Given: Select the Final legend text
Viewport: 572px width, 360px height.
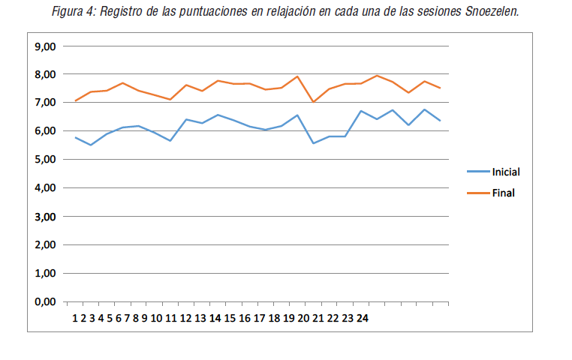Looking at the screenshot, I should [x=502, y=192].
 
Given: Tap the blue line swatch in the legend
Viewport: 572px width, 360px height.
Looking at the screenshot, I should [x=477, y=172].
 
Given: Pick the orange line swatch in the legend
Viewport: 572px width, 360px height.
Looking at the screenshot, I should [x=477, y=192].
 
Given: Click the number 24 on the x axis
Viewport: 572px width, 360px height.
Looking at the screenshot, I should [x=362, y=318].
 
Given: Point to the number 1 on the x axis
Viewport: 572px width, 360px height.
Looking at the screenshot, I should [x=75, y=318].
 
